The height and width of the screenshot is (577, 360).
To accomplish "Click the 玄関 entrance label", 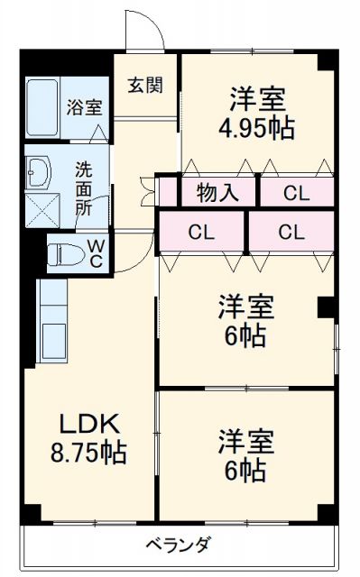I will pos(144,87).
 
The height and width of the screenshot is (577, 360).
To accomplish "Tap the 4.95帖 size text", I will pos(256,127).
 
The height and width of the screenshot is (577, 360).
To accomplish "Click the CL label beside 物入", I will pos(294,192).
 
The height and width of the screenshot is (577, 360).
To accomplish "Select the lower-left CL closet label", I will pos(201,233).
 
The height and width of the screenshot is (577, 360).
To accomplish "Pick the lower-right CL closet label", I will pos(291,233).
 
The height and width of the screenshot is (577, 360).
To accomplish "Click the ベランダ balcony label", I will pos(178,545).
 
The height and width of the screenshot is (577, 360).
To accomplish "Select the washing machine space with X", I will pos(41,209).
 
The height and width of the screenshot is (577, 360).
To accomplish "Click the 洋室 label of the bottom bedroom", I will pos(245,441).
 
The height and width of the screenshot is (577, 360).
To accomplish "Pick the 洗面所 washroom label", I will pos(84,187).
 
